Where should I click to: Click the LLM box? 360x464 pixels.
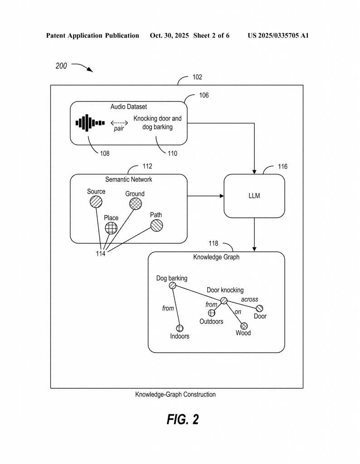[254, 196]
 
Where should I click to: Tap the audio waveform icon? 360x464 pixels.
[90, 123]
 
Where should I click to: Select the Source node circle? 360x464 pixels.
[96, 202]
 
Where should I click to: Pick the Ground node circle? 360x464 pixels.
[135, 204]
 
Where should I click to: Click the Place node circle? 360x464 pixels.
[111, 228]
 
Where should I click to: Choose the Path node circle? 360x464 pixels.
[156, 225]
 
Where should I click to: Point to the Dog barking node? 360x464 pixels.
[172, 285]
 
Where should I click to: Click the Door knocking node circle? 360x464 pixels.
[224, 300]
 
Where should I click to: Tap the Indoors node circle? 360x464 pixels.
[180, 328]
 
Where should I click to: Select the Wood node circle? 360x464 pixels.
[243, 325]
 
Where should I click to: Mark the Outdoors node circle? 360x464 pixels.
[212, 313]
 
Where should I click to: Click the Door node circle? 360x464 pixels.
[260, 308]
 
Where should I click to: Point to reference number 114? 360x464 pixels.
[101, 254]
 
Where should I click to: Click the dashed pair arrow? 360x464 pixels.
[119, 122]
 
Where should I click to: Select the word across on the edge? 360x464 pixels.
[249, 300]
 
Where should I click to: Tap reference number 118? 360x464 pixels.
[213, 244]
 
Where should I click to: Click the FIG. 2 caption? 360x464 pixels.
[183, 420]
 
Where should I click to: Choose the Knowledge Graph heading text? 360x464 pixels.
[216, 257]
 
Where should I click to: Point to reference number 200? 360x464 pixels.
[61, 66]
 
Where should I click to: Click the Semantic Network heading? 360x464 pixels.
[129, 179]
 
